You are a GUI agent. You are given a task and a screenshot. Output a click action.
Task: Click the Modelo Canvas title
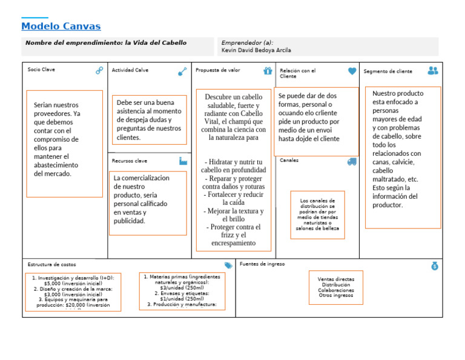coord(61,27)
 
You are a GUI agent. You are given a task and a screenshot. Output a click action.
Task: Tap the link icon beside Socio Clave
coord(99,70)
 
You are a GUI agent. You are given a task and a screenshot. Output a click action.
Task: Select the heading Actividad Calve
coord(130,70)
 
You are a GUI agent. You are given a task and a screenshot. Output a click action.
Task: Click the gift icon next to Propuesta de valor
coord(268,70)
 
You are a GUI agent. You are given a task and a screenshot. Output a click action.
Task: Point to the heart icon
coord(352,71)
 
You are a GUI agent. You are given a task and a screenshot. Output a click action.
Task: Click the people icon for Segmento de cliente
coord(432,70)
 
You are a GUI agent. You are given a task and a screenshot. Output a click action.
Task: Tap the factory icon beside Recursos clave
coord(183,161)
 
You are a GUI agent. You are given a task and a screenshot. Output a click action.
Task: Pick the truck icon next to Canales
coord(352,161)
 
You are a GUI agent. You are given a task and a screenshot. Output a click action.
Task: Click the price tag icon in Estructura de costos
coord(228,265)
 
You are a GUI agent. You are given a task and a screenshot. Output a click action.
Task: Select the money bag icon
coord(435,265)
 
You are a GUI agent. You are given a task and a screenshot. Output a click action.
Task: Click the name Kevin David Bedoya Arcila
coord(257,50)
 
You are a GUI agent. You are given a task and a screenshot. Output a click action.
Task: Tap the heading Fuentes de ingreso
coord(262,264)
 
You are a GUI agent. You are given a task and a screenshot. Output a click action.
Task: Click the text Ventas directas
coord(336,279)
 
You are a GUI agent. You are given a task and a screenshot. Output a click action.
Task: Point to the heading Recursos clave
coord(130,161)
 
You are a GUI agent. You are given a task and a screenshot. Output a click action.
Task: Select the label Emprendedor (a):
coord(247,43)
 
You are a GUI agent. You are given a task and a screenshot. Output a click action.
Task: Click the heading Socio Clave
coord(41,70)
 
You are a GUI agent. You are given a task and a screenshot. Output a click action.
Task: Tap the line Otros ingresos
coord(336,295)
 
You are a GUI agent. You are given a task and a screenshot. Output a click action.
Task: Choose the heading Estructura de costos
coord(51,265)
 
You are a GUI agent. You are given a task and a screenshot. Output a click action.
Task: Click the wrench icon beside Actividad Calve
coord(182,71)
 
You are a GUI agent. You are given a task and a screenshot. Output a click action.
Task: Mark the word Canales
coord(289,161)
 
